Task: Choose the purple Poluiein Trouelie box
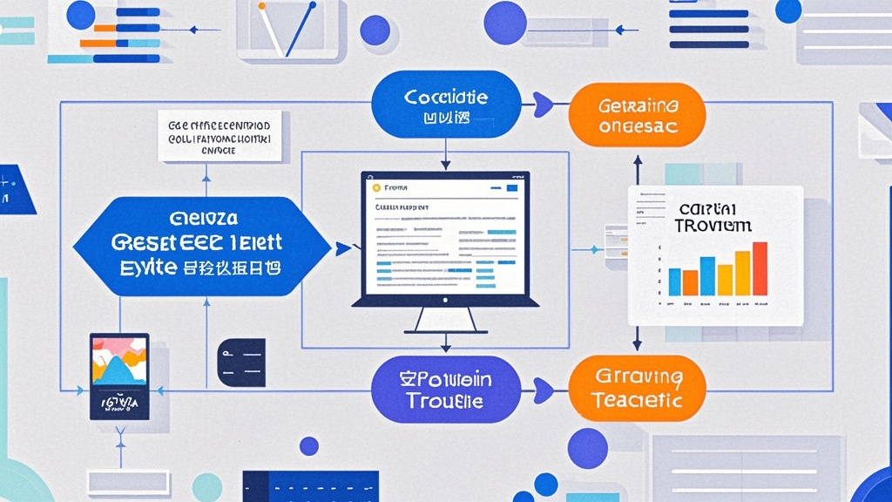[x=446, y=389]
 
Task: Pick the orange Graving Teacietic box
[x=638, y=389]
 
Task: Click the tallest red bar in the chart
[x=760, y=268]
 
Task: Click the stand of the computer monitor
[x=444, y=320]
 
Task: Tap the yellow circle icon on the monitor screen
[x=376, y=187]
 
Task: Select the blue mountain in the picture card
[x=118, y=370]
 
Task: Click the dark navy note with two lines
[x=241, y=363]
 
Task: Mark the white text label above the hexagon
[x=220, y=137]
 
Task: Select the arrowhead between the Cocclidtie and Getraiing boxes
[x=545, y=105]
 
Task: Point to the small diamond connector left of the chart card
[x=597, y=250]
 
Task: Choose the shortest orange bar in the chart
[x=690, y=282]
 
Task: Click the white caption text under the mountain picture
[x=119, y=403]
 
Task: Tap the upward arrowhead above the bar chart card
[x=637, y=162]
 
